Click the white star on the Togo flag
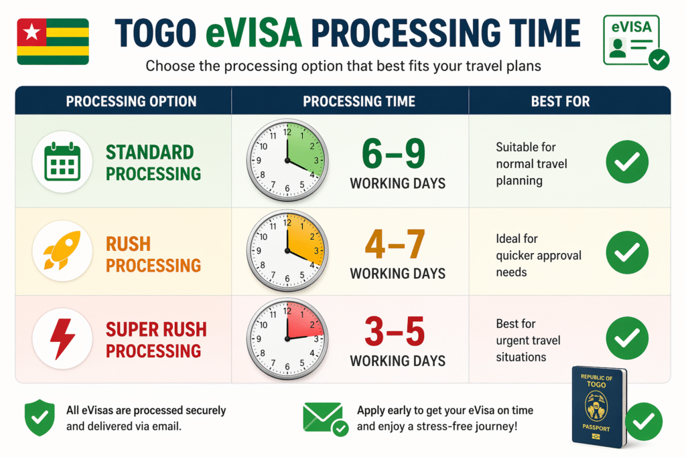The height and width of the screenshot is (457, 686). [x=31, y=31]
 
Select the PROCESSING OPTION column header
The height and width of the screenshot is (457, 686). [x=131, y=101]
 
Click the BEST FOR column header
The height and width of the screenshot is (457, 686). [x=561, y=101]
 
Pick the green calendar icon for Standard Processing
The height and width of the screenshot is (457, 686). [x=62, y=161]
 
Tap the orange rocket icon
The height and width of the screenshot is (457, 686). [x=62, y=250]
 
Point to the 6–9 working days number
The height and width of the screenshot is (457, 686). [x=393, y=153]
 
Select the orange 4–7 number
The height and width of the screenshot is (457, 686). [x=395, y=244]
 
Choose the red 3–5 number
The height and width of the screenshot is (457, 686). [x=395, y=331]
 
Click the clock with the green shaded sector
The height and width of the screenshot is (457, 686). [x=287, y=161]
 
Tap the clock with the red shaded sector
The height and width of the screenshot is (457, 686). [x=287, y=338]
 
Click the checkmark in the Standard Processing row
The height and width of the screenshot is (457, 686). [x=627, y=162]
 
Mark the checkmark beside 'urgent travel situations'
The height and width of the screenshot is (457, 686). [x=627, y=338]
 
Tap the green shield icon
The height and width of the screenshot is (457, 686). [x=40, y=418]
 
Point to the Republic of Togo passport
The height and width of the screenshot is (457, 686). [x=600, y=407]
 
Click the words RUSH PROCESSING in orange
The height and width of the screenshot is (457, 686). [x=153, y=255]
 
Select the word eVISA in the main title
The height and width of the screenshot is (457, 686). [x=253, y=33]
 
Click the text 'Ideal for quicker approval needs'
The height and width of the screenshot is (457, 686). [x=539, y=255]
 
